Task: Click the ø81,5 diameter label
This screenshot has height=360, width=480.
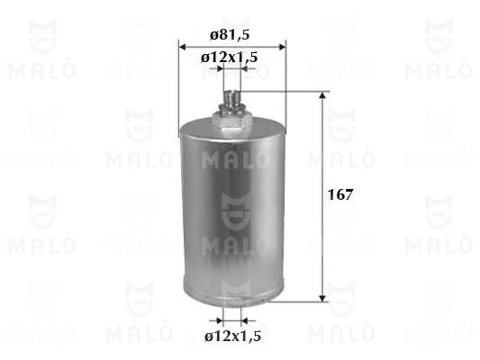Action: pyautogui.click(x=230, y=35)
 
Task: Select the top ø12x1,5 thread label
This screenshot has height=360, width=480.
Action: pyautogui.click(x=229, y=58)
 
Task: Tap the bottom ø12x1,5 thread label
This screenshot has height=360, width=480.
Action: pyautogui.click(x=233, y=337)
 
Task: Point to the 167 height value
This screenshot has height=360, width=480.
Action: pyautogui.click(x=340, y=194)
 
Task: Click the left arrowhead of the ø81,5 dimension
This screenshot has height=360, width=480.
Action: pyautogui.click(x=183, y=47)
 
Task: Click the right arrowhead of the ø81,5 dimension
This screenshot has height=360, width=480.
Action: pyautogui.click(x=282, y=47)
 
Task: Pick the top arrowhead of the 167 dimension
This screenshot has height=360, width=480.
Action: pyautogui.click(x=322, y=95)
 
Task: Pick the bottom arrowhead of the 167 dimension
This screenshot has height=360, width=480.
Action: pyautogui.click(x=322, y=298)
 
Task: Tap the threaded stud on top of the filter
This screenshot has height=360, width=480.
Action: pyautogui.click(x=231, y=98)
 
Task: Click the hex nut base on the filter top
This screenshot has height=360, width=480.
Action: pyautogui.click(x=232, y=120)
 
